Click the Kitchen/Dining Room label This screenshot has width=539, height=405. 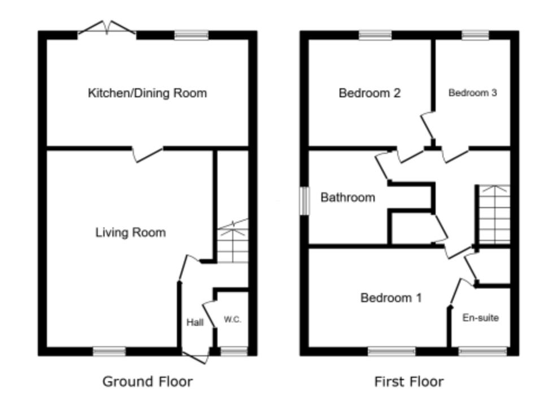point(147,93)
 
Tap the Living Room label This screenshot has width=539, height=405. point(131,232)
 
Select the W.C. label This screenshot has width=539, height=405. point(232,320)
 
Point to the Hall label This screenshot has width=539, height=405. point(195,322)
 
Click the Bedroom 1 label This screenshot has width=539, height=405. point(391,298)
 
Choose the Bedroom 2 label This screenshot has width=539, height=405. point(370,93)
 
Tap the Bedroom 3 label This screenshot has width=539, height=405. point(472,93)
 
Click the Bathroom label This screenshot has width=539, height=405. point(347,197)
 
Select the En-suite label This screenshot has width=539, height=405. point(480,318)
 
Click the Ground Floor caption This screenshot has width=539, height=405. point(147,381)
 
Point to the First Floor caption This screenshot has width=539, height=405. point(409,381)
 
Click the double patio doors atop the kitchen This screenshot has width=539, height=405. point(107,28)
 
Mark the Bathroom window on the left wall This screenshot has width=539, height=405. point(305,201)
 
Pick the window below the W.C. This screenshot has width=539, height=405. point(233,352)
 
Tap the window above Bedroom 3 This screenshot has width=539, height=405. point(475,35)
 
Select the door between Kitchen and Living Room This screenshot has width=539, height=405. point(149,153)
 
